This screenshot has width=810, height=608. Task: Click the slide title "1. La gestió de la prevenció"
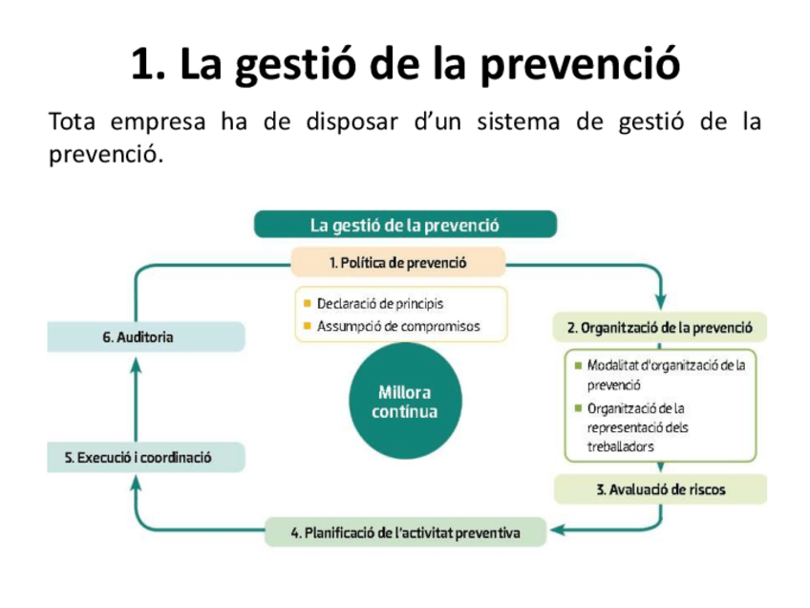tap(405, 64)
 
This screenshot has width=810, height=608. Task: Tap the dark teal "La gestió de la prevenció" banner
tap(405, 225)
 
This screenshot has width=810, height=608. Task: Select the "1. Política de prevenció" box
tap(397, 261)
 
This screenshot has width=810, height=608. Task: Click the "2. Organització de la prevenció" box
tap(660, 328)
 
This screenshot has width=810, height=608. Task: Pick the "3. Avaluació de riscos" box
tap(660, 489)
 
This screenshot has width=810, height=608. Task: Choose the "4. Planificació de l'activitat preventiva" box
tap(405, 532)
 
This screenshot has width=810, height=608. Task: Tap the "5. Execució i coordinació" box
tap(146, 457)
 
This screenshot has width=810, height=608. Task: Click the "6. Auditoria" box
tap(146, 337)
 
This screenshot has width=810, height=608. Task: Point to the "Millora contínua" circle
tap(404, 402)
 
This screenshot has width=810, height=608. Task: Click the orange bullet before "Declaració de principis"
tap(307, 304)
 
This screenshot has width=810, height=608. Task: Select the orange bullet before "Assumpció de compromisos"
tap(307, 326)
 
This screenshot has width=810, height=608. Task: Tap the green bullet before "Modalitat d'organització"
tap(577, 365)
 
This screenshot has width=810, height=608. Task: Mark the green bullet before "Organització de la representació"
tap(577, 408)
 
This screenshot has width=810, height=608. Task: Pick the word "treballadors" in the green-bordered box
tap(621, 446)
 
